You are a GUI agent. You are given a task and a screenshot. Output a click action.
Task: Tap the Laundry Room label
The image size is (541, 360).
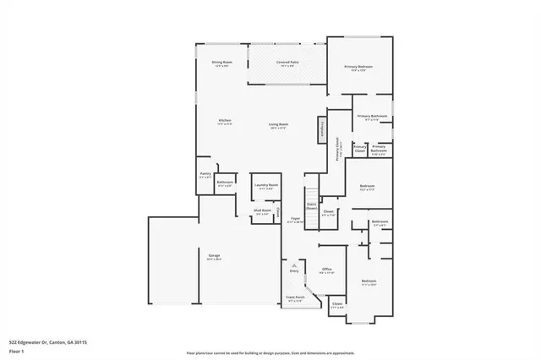coord(269,186)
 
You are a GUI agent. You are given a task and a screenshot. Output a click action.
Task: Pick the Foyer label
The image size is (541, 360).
coord(295,219)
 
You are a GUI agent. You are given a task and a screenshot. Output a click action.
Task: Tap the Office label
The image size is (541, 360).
coord(326,270)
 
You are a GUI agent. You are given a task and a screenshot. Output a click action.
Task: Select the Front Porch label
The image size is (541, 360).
coord(294,298)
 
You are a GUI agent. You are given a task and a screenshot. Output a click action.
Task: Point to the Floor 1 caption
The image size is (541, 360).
coord(16,350)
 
